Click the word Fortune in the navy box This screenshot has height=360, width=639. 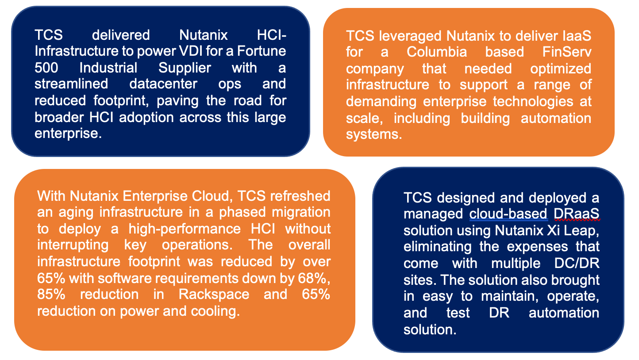tap(261, 51)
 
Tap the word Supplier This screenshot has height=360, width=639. tap(185, 68)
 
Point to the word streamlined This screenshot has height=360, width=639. tap(71, 84)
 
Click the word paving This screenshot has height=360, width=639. tap(177, 101)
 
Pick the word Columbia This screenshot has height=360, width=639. tap(437, 52)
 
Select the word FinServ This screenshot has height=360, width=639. tap(567, 52)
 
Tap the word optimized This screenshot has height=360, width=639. tap(561, 69)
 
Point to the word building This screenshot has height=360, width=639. tap(485, 119)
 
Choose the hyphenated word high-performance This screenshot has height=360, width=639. tap(185, 229)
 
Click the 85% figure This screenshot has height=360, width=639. tap(51, 295)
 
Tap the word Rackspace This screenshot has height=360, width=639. tap(214, 295)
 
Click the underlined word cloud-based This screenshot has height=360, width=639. tap(508, 214)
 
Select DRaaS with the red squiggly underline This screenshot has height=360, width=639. tap(576, 214)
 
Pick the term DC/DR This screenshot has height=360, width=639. tap(577, 264)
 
